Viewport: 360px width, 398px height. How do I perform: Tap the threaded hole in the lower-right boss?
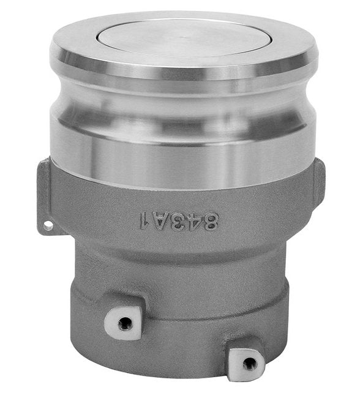tap(249, 362)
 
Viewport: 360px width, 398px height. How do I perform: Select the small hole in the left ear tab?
tap(47, 225)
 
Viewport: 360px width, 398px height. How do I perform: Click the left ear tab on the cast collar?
tap(45, 196)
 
